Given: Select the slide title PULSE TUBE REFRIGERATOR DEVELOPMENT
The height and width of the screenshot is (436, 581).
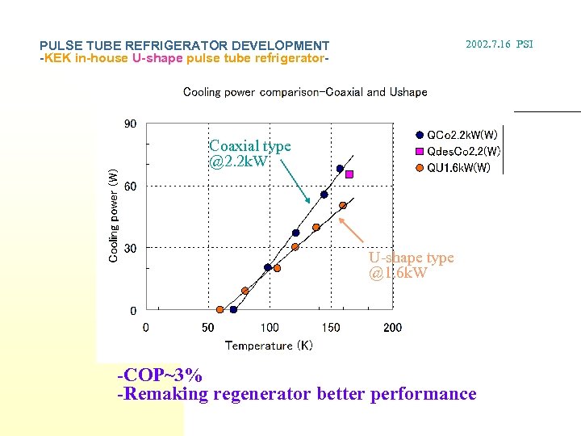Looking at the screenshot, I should click(184, 46).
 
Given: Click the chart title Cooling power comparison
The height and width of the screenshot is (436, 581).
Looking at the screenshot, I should click(305, 92).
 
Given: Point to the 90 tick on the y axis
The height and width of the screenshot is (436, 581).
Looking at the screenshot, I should click(130, 124).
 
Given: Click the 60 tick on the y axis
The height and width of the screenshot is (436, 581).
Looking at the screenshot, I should click(130, 187).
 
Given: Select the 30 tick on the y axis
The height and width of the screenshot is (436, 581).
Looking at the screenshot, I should click(130, 249).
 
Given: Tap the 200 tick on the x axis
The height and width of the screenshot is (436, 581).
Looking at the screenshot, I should click(392, 327).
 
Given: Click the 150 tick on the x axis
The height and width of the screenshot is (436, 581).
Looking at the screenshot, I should click(331, 327).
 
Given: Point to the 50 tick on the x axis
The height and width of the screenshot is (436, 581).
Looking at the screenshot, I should click(207, 327).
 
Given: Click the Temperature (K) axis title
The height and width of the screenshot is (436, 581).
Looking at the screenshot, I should click(269, 346).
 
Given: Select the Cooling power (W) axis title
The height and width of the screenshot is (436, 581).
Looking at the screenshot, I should click(114, 214).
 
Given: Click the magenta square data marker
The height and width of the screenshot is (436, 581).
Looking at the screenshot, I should click(349, 174).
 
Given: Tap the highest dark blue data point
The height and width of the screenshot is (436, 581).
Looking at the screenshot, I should click(340, 169).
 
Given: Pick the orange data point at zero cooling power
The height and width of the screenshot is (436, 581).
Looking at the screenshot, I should click(219, 309).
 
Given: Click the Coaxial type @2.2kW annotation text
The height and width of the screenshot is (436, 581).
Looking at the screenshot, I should click(249, 153).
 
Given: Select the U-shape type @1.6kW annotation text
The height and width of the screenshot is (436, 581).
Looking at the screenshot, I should click(411, 265).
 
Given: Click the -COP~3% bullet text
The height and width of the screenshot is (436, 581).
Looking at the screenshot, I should click(160, 375).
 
